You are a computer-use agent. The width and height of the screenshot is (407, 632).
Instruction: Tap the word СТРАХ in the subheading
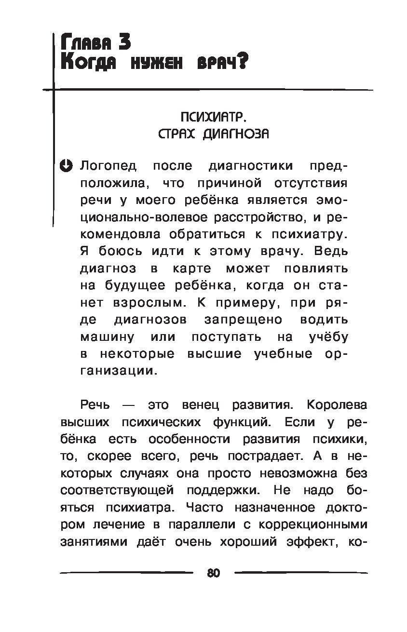177,134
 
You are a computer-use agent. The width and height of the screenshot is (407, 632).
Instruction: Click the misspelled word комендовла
118,234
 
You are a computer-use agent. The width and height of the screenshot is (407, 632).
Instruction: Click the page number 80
213,573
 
